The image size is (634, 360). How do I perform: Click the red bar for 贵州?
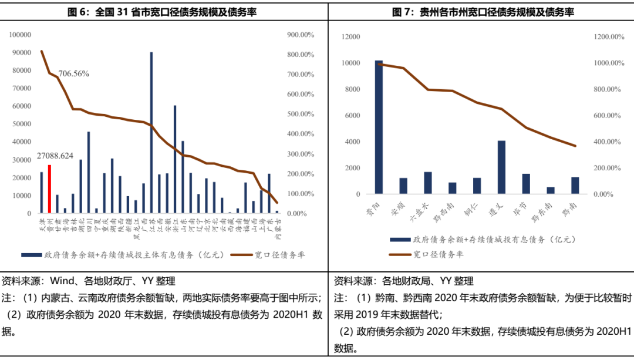coord(49,189)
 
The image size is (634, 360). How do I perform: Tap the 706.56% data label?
coord(74,73)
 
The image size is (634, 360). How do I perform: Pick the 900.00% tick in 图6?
coord(300,35)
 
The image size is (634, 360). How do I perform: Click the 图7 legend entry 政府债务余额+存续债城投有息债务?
coord(481,239)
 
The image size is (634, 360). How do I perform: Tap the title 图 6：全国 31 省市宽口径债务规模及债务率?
coord(164,12)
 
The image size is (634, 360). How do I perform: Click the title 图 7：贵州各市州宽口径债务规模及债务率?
coord(483,12)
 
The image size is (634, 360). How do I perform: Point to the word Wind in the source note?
coord(62,281)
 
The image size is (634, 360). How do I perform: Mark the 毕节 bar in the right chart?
coord(526,183)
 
